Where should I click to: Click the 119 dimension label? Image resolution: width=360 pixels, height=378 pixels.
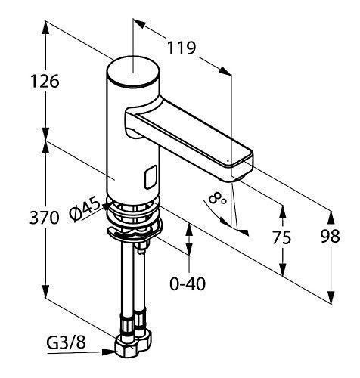[x=182, y=48]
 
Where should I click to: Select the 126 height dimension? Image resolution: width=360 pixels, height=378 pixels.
[x=45, y=82]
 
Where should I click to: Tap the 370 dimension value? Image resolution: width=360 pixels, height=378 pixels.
[x=45, y=218]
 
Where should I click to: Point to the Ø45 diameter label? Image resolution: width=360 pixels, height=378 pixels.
[x=85, y=209]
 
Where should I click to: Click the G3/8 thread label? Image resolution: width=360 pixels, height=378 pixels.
[x=67, y=342]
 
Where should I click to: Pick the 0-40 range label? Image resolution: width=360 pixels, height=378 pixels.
[x=188, y=283]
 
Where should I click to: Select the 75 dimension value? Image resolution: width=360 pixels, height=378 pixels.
[x=281, y=237]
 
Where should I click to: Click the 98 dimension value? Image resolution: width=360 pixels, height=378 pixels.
[x=331, y=237]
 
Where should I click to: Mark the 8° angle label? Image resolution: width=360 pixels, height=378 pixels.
[x=218, y=197]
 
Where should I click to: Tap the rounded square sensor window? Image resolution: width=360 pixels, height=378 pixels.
[x=151, y=178]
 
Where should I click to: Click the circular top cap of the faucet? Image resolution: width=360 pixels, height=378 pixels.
[x=133, y=72]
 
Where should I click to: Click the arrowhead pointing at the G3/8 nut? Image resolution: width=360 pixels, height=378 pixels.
[x=108, y=352]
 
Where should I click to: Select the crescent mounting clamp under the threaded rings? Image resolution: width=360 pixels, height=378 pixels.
[x=134, y=231]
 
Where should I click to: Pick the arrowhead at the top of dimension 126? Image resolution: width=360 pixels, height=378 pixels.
[x=45, y=27]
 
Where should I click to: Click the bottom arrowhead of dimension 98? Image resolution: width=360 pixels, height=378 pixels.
[x=331, y=297]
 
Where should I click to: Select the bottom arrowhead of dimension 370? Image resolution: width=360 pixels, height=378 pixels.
[x=45, y=291]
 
